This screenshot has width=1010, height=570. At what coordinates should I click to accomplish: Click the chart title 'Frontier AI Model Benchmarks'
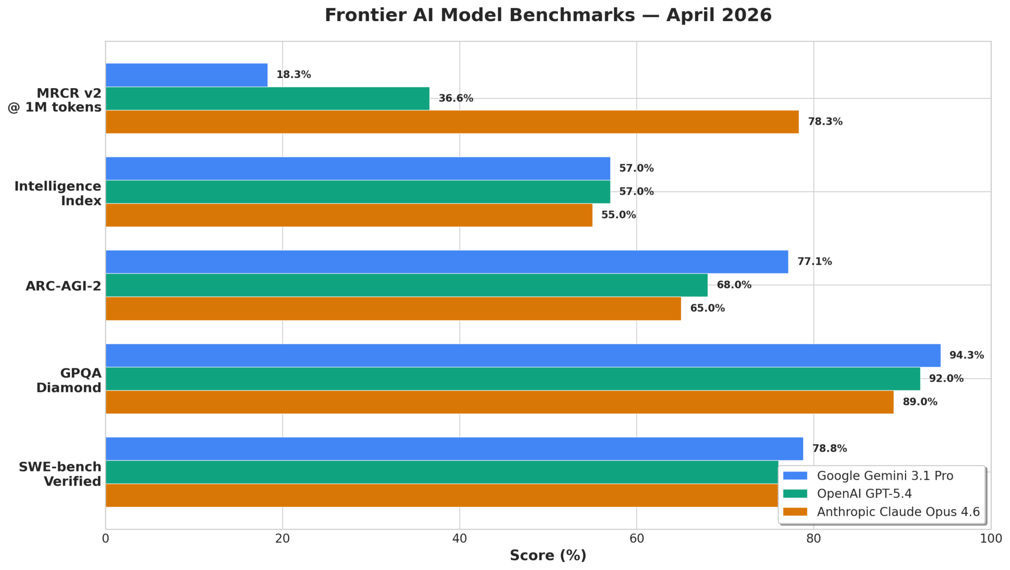tap(547, 15)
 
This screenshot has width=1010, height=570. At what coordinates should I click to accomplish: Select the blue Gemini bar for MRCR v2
tap(186, 75)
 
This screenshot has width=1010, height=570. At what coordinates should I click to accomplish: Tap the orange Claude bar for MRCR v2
tap(452, 122)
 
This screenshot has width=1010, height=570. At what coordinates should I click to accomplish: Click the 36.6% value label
tap(456, 98)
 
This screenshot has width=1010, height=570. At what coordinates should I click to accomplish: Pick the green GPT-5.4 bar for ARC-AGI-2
tap(406, 285)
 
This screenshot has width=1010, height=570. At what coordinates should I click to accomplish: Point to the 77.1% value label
tap(814, 262)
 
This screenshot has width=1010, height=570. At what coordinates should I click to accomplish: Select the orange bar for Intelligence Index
tap(349, 215)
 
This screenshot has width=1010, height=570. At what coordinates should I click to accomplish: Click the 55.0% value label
tap(618, 215)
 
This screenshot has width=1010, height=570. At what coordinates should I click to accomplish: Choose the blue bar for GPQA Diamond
tap(523, 356)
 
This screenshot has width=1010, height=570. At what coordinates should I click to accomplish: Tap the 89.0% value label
tap(920, 402)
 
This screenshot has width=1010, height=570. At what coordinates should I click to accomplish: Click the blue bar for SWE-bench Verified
tap(454, 449)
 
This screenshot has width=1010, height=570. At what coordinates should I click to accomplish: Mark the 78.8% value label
tap(830, 449)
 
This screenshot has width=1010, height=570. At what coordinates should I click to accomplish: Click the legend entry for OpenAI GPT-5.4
tap(864, 494)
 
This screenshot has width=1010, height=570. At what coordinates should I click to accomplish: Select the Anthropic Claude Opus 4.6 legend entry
tap(898, 512)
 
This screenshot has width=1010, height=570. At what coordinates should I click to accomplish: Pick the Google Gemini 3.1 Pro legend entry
tap(885, 476)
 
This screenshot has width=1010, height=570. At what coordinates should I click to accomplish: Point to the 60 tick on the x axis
tap(637, 538)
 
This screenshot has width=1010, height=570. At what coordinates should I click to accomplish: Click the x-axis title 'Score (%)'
tap(548, 556)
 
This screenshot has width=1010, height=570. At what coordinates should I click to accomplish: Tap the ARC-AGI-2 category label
tap(63, 286)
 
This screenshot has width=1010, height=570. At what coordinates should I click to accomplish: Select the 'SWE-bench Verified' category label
tap(60, 474)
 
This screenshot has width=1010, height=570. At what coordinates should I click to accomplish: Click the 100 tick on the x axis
tap(990, 538)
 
